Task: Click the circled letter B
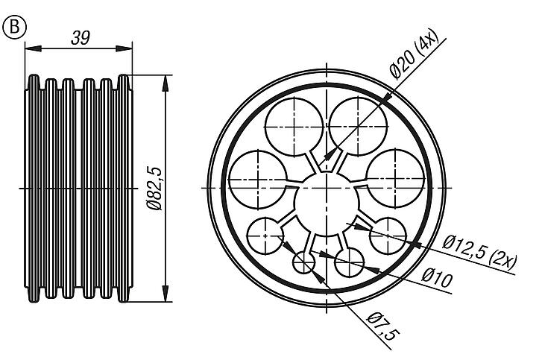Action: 14,28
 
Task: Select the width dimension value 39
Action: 78,38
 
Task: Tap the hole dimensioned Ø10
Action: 349,262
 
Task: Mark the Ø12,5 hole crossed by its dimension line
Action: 388,235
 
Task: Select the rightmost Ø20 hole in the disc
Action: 394,177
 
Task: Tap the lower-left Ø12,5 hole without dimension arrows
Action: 265,235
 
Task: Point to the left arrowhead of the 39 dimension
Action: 30,49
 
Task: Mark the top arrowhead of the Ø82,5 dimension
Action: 165,79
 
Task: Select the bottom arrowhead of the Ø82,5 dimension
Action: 165,297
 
